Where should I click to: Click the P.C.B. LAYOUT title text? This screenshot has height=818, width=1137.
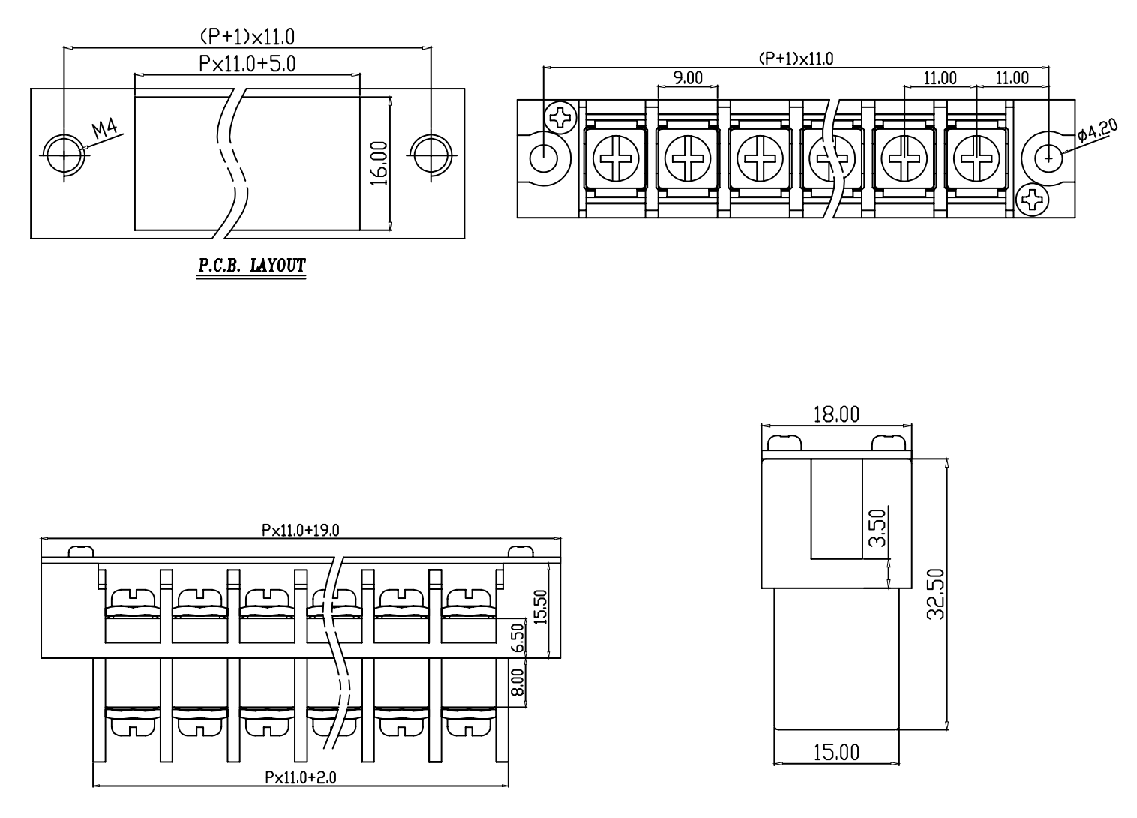(252, 266)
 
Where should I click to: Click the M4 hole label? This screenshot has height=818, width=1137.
(104, 129)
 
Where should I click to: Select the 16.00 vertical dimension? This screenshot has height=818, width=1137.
(379, 164)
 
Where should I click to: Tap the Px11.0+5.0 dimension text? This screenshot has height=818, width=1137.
(247, 65)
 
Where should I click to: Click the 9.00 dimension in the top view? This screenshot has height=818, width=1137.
(688, 78)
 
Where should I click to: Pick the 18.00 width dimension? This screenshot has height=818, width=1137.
(836, 415)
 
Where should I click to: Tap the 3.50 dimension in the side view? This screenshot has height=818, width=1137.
(877, 528)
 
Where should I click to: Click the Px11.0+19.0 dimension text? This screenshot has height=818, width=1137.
(301, 530)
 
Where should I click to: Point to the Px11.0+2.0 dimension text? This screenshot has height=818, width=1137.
(301, 777)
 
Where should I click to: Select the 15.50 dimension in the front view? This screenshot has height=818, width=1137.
(541, 607)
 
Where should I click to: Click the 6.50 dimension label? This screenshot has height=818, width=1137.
(517, 638)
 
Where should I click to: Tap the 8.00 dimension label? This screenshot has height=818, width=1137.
(517, 682)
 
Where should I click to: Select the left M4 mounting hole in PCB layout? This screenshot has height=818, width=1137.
(64, 155)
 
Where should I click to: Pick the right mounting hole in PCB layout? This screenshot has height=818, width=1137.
(431, 155)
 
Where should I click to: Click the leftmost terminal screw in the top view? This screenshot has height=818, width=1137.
(616, 159)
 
